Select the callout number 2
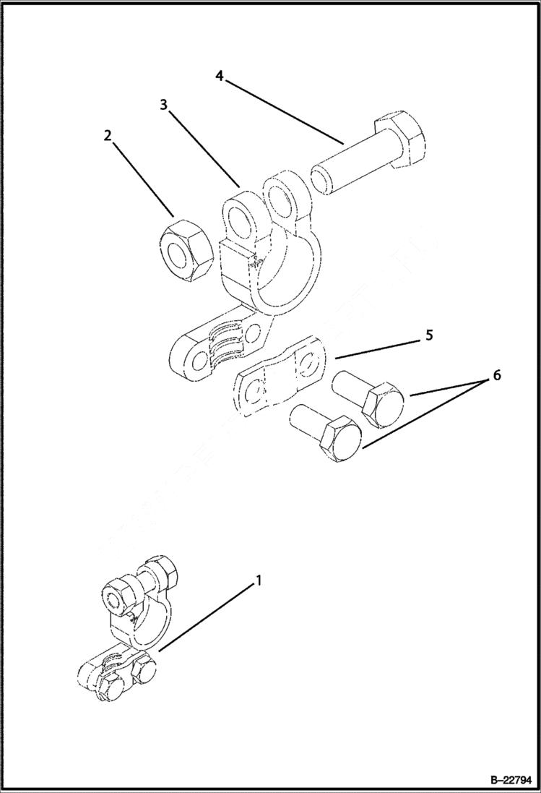[x=108, y=136]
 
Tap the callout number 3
[x=165, y=105]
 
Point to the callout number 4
[x=220, y=75]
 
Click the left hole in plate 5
[x=253, y=395]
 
